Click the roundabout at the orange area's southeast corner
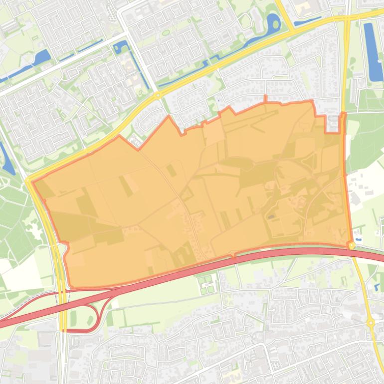[352, 245]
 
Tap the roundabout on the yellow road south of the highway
[370, 323]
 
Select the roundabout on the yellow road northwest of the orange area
[158, 94]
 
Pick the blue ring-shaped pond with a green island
[273, 22]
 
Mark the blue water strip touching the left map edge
[6, 157]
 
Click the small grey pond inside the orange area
[270, 217]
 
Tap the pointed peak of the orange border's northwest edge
[169, 116]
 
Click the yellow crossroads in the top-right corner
[346, 18]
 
